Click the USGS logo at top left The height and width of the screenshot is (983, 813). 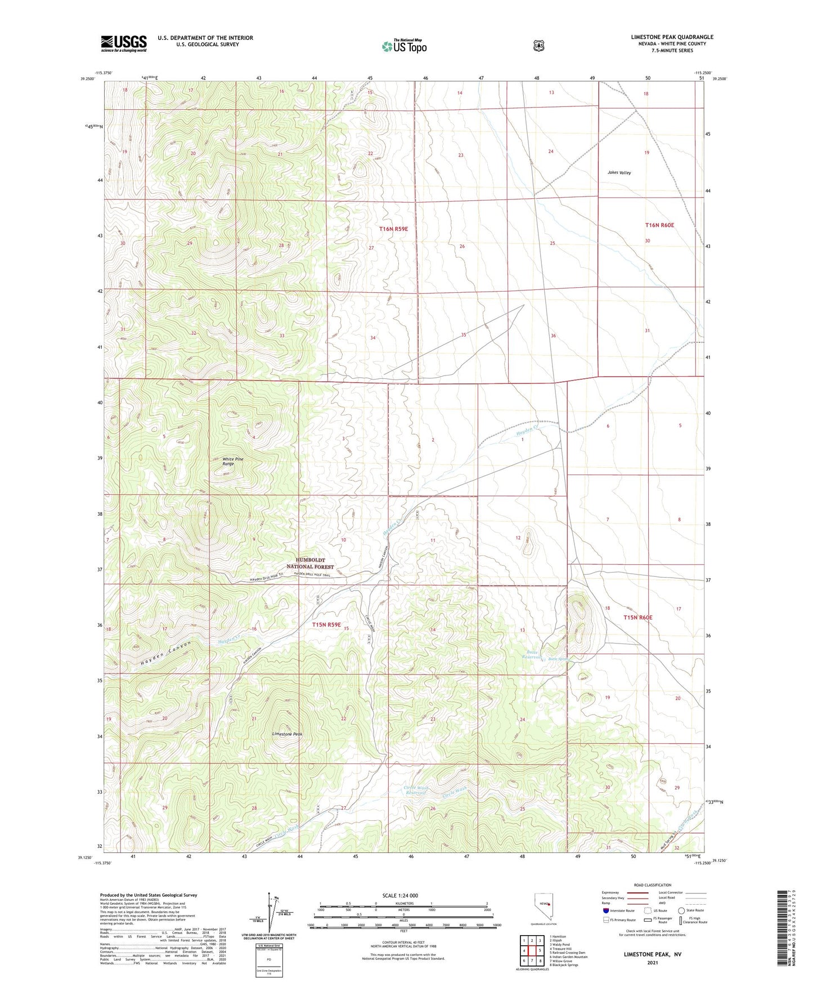click(x=123, y=43)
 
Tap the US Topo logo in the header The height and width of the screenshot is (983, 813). click(x=404, y=46)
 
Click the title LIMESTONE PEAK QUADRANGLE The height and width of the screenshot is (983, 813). click(x=672, y=37)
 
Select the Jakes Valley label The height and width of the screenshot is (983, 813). click(x=619, y=173)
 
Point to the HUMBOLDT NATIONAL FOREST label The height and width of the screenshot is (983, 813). click(x=310, y=564)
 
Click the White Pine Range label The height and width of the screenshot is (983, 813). click(x=232, y=462)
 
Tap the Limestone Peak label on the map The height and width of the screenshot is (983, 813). click(x=287, y=734)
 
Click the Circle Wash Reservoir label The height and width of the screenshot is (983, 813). click(x=416, y=790)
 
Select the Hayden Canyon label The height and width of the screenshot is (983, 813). click(x=165, y=655)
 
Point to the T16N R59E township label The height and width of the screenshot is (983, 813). click(x=393, y=229)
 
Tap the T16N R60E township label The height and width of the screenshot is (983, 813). click(x=659, y=225)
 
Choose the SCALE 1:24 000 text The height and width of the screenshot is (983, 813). click(x=400, y=895)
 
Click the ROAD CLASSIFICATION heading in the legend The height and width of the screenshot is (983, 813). click(x=652, y=886)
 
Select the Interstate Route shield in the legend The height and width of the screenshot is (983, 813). click(x=605, y=910)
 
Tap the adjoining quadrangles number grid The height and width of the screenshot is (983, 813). click(x=532, y=952)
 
